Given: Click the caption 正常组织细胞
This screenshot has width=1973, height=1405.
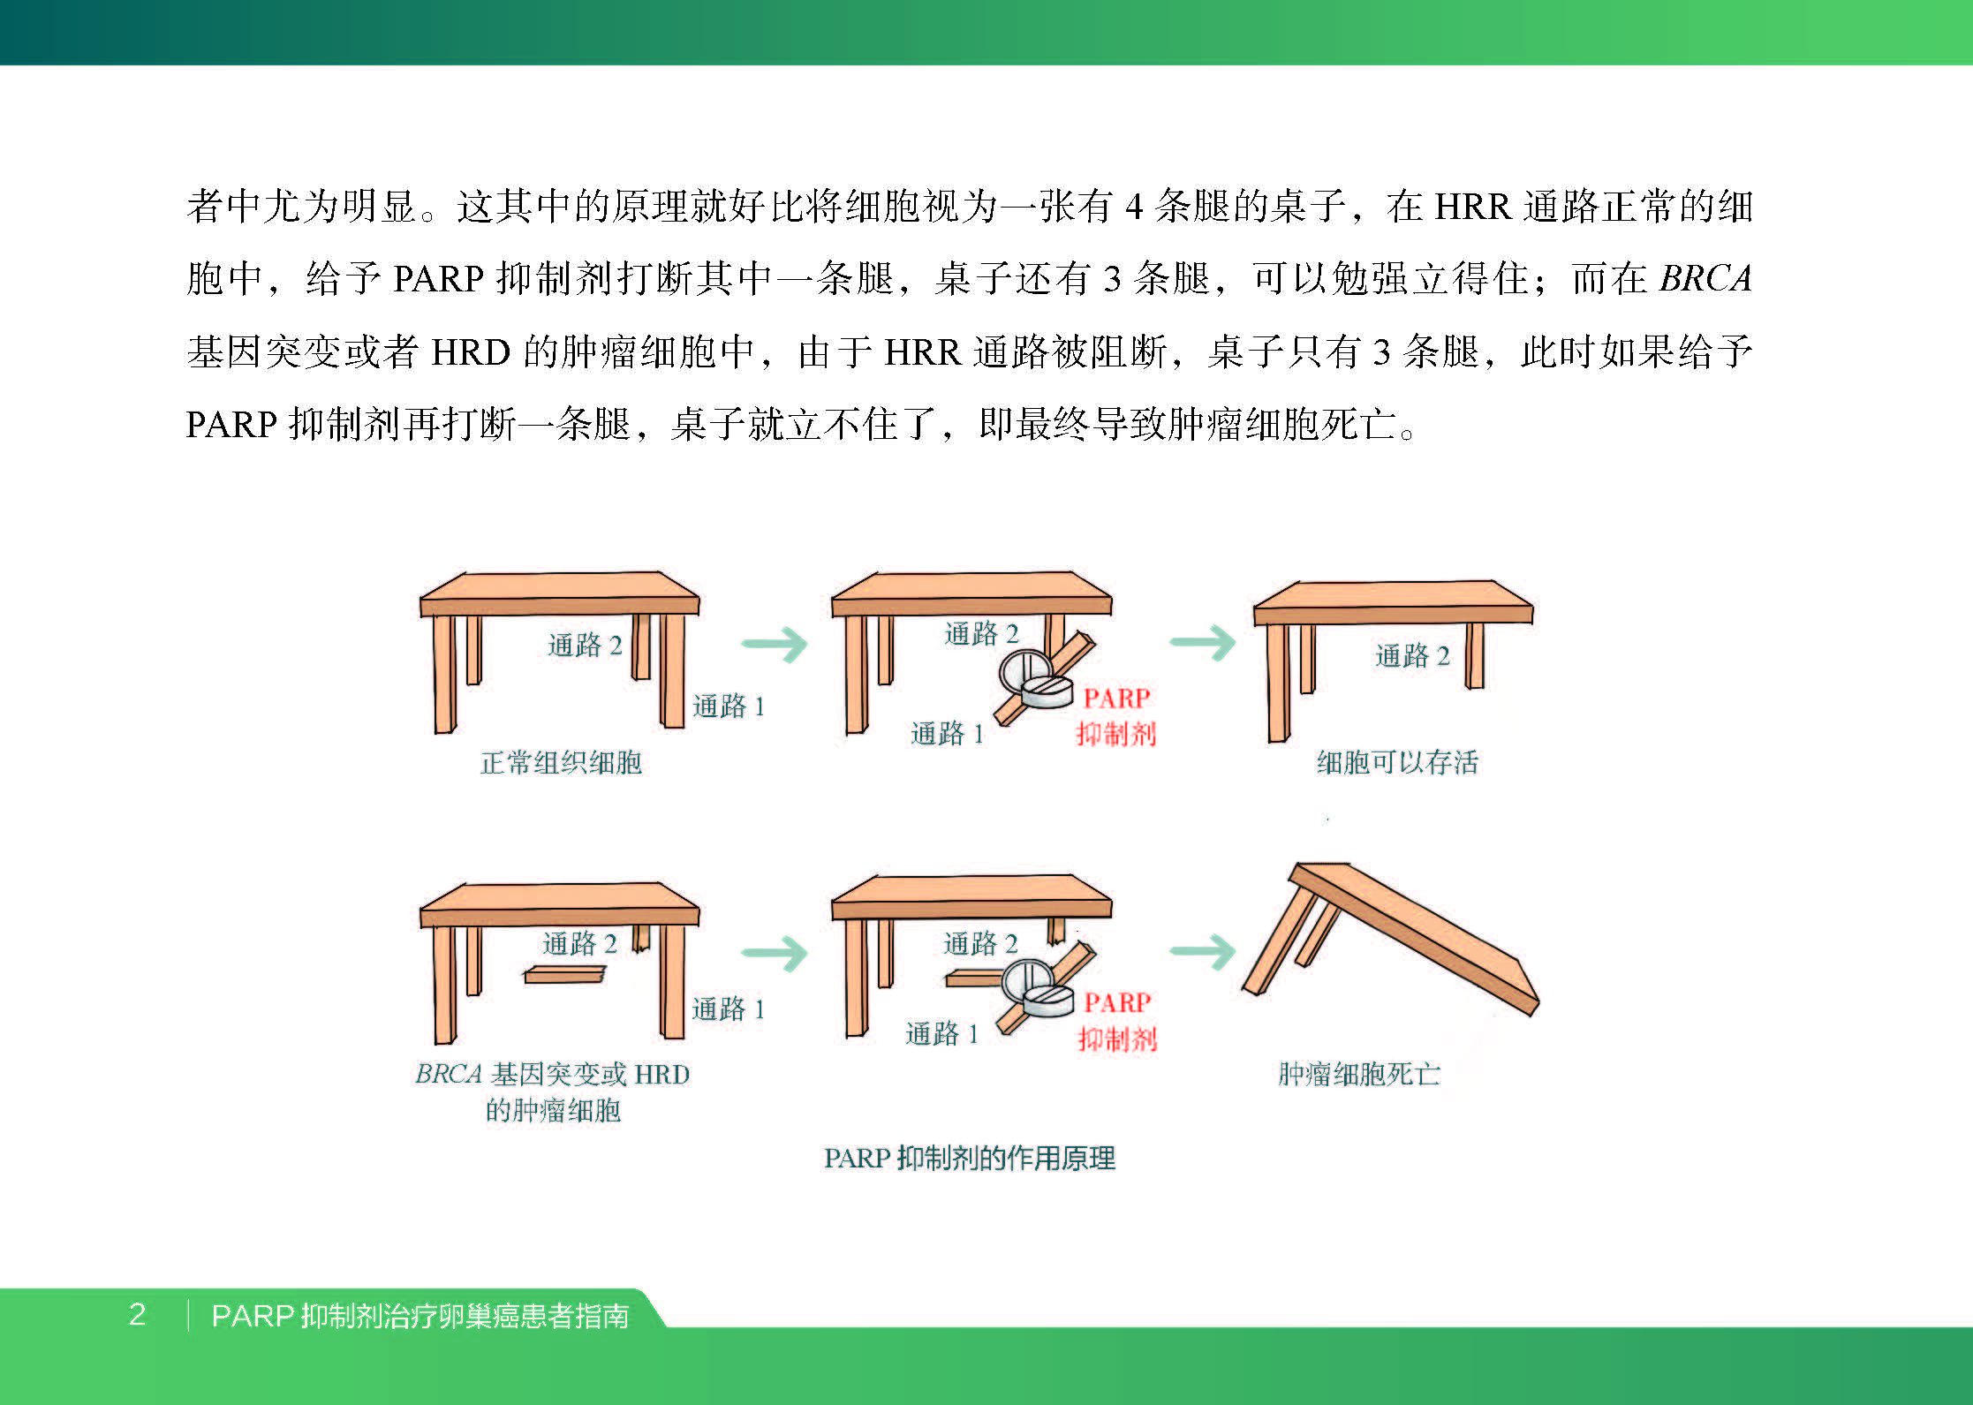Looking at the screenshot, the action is tap(561, 762).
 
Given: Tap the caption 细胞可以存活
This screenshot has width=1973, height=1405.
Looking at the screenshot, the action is tap(1397, 762).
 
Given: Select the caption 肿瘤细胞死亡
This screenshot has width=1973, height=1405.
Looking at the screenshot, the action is tap(1359, 1074).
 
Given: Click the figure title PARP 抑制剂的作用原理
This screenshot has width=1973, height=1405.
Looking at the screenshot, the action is tap(970, 1158).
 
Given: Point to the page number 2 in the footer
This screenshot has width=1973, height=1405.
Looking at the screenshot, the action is tap(137, 1315).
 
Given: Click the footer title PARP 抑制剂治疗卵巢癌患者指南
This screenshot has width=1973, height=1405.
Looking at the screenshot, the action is tap(420, 1316).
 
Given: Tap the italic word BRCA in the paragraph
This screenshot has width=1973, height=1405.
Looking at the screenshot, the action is tap(1705, 278).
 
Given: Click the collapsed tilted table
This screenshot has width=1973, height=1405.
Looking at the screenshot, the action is tap(1390, 939).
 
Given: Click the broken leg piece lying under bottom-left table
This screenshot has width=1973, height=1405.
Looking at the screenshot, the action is tap(565, 974).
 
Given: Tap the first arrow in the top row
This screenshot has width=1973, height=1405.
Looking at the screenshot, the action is tap(775, 644).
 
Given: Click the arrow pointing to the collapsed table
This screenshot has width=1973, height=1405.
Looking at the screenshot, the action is tap(1203, 951).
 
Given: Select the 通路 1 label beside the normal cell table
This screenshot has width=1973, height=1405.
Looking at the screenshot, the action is tap(729, 706).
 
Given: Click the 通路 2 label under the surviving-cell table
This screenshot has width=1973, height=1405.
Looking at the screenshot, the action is tap(1413, 655).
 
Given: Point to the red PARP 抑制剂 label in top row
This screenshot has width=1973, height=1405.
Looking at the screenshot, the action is tap(1116, 715).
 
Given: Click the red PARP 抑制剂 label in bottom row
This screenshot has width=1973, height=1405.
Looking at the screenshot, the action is tap(1117, 1021).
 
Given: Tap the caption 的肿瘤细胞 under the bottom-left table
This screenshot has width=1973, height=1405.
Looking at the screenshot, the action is tap(553, 1110).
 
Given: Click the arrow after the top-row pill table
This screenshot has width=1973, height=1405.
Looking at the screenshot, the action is tap(1203, 642).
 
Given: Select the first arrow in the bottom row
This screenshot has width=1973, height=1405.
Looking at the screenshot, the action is tap(775, 953).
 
